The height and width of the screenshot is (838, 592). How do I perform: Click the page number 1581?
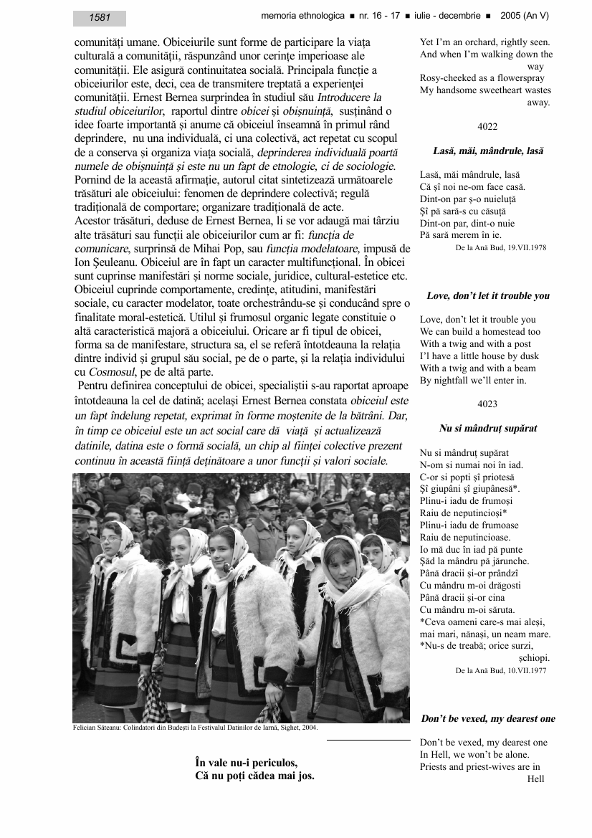coord(100,18)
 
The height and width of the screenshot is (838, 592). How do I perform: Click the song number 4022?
coord(487,126)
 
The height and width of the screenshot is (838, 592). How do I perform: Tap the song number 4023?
coord(487,404)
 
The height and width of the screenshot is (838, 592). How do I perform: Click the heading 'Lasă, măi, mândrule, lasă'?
coord(488,151)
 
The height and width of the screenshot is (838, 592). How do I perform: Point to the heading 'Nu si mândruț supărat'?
coord(488,429)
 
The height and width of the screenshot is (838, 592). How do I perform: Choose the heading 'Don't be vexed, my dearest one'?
coord(488,718)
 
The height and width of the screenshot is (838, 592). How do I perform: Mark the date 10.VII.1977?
coord(517,671)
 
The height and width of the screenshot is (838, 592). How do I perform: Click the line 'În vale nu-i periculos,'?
coord(246,762)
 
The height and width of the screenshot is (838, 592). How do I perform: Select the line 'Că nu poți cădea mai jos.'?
coord(254,776)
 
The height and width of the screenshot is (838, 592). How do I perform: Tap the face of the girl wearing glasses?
coord(110,538)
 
